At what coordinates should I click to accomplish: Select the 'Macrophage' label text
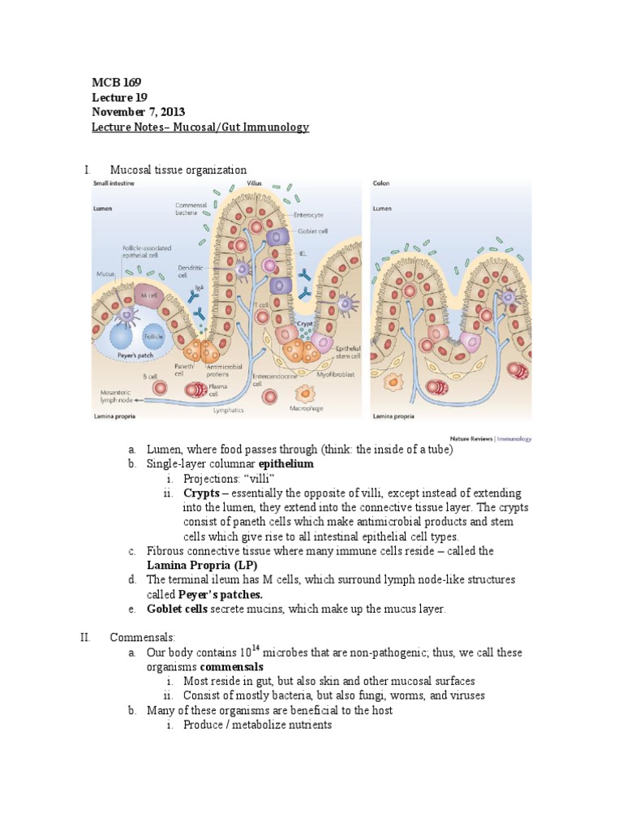pos(306,409)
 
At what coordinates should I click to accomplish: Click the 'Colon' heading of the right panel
pos(381,183)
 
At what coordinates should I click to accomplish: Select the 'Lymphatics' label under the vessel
pos(228,411)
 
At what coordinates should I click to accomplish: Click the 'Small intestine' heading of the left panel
pos(113,184)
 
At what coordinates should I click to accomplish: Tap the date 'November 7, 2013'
pos(140,112)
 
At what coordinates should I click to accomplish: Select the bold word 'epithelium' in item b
pos(286,464)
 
